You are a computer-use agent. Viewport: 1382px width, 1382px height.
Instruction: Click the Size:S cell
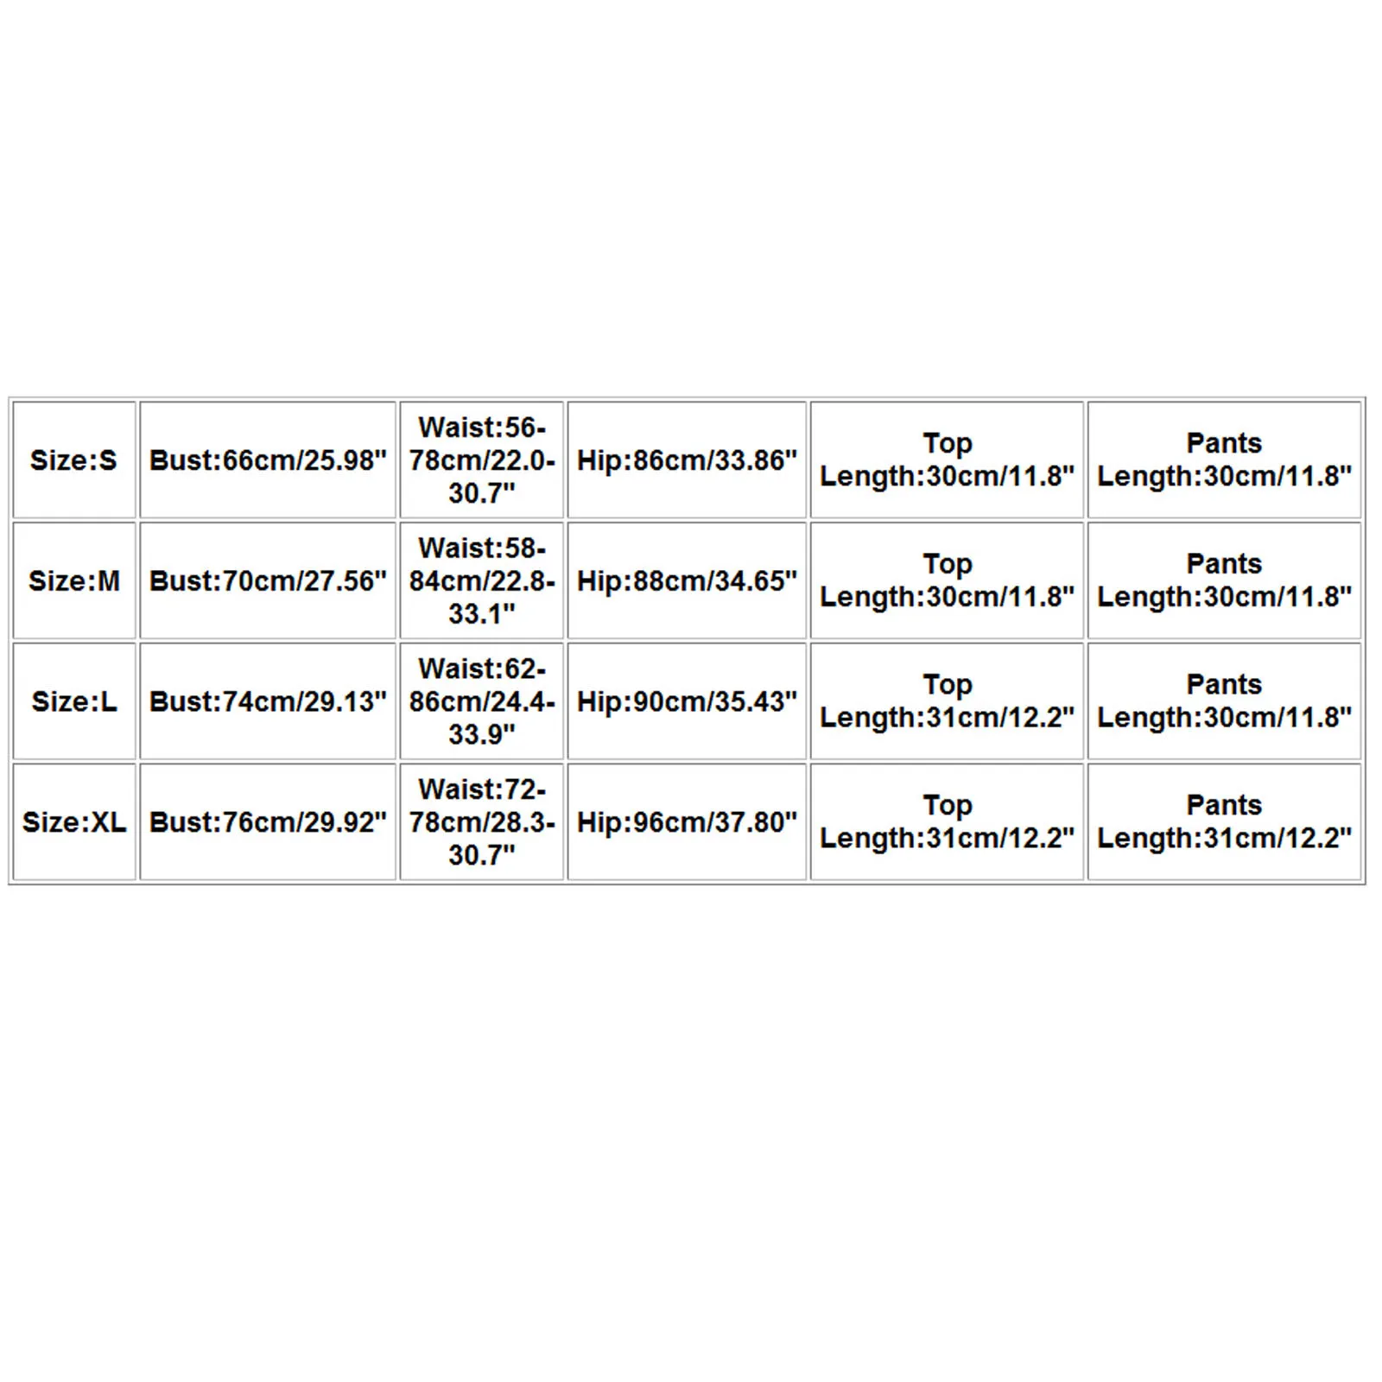pyautogui.click(x=73, y=460)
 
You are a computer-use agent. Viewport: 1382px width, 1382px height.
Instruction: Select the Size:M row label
pyautogui.click(x=73, y=580)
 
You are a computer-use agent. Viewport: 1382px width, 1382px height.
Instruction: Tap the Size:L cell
pyautogui.click(x=73, y=701)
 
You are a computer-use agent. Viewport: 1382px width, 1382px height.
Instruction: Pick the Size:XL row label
pyautogui.click(x=73, y=822)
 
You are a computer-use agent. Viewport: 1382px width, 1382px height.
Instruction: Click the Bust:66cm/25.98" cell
pyautogui.click(x=268, y=460)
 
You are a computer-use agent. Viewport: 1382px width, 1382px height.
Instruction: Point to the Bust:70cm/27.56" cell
pyautogui.click(x=268, y=580)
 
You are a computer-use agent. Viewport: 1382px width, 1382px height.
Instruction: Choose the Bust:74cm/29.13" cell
pyautogui.click(x=268, y=701)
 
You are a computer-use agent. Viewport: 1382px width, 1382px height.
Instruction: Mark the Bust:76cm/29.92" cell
pyautogui.click(x=268, y=822)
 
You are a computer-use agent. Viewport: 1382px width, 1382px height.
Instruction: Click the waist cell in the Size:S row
pyautogui.click(x=481, y=460)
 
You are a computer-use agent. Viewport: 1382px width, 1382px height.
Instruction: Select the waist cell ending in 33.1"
pyautogui.click(x=481, y=580)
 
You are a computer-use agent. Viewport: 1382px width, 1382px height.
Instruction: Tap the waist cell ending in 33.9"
pyautogui.click(x=481, y=701)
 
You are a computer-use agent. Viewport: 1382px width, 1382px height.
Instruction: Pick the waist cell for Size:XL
pyautogui.click(x=481, y=822)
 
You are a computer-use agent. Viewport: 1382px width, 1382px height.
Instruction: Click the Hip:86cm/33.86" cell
pyautogui.click(x=687, y=460)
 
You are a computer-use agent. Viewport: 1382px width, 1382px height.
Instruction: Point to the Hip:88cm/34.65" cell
pyautogui.click(x=687, y=580)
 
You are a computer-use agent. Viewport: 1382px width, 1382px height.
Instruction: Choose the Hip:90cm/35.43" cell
pyautogui.click(x=687, y=701)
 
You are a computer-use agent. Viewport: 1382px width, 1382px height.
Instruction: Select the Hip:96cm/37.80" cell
pyautogui.click(x=687, y=822)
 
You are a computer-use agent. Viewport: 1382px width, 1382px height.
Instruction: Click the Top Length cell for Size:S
pyautogui.click(x=947, y=460)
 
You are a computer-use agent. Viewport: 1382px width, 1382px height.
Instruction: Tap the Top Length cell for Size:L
pyautogui.click(x=947, y=701)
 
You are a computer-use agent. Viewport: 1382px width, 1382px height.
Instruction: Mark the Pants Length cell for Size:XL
pyautogui.click(x=1224, y=822)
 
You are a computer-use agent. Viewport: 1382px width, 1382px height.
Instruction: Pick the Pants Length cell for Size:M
pyautogui.click(x=1224, y=580)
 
